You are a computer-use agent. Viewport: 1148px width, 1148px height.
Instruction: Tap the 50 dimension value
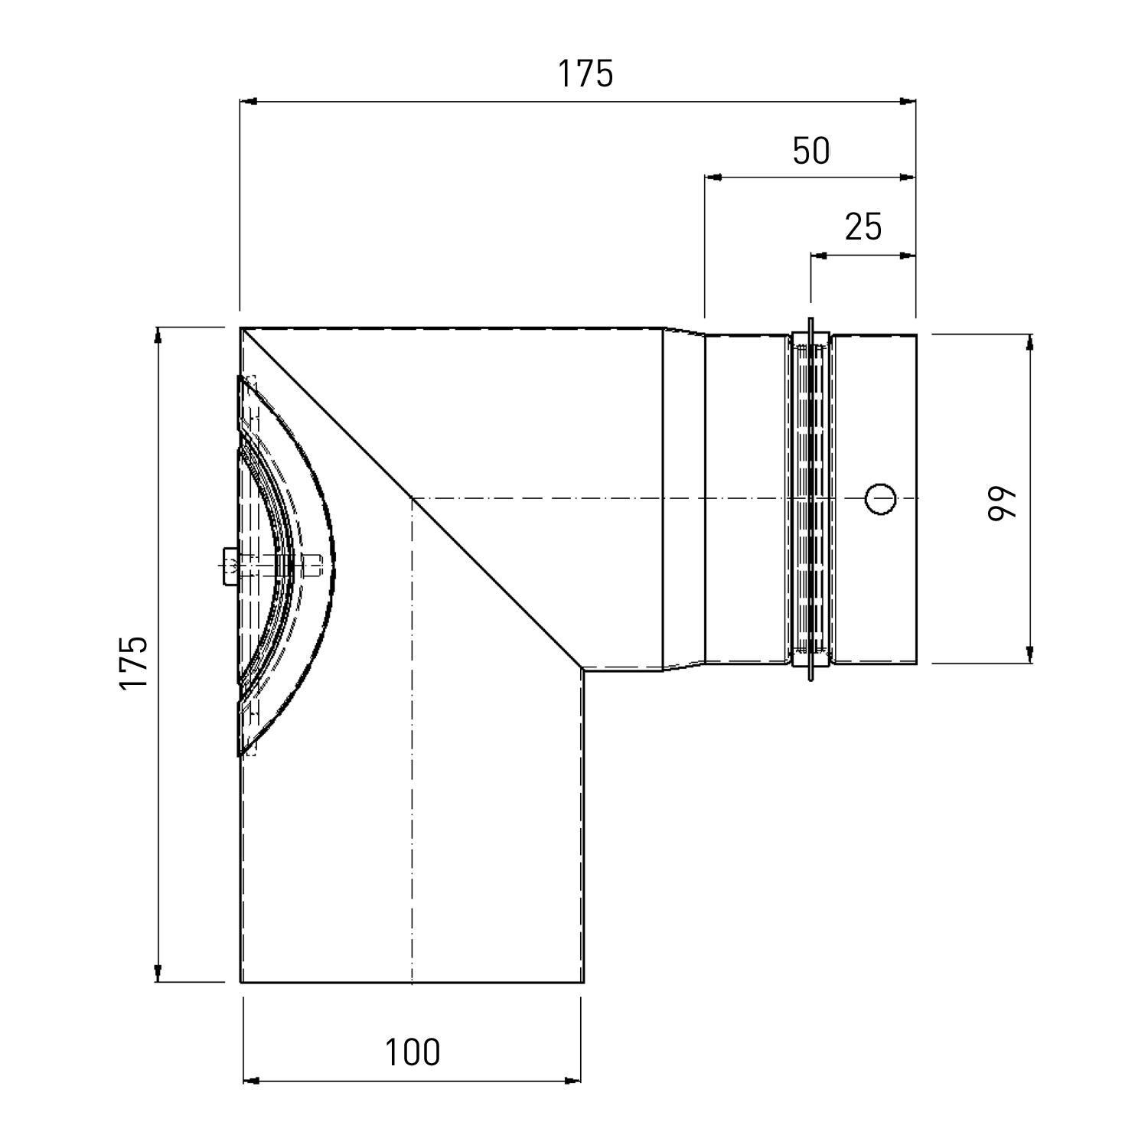click(x=811, y=151)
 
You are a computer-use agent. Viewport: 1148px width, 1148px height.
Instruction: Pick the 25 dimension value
click(x=863, y=227)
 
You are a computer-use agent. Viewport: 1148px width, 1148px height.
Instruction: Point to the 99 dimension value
click(x=1003, y=503)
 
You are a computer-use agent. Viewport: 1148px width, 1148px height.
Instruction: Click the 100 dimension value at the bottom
click(x=413, y=1052)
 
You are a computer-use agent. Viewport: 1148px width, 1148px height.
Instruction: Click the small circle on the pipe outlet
click(x=880, y=499)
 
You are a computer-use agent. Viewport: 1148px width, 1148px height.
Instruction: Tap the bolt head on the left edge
click(x=229, y=566)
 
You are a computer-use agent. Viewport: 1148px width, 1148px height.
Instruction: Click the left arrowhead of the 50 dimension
click(x=713, y=178)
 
